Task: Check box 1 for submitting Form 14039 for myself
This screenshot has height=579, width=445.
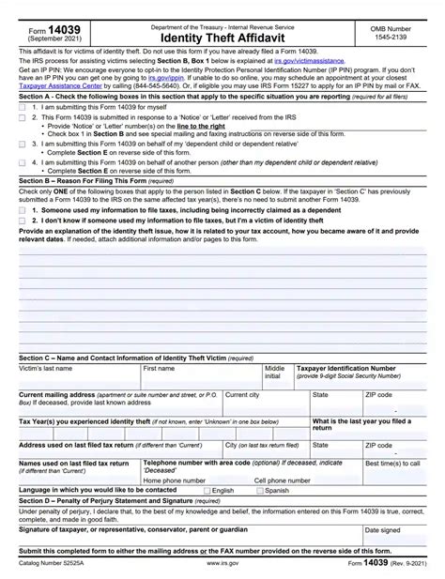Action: tap(23, 108)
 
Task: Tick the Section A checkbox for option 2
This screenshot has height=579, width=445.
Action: tap(23, 117)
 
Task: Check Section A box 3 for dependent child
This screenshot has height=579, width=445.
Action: tap(23, 145)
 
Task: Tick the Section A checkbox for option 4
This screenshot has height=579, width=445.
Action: tap(23, 162)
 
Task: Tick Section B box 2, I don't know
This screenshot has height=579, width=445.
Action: tap(23, 221)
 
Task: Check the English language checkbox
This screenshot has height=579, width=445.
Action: tap(207, 491)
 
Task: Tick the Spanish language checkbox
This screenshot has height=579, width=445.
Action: tap(260, 491)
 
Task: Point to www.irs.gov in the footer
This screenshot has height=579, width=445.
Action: tap(222, 563)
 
